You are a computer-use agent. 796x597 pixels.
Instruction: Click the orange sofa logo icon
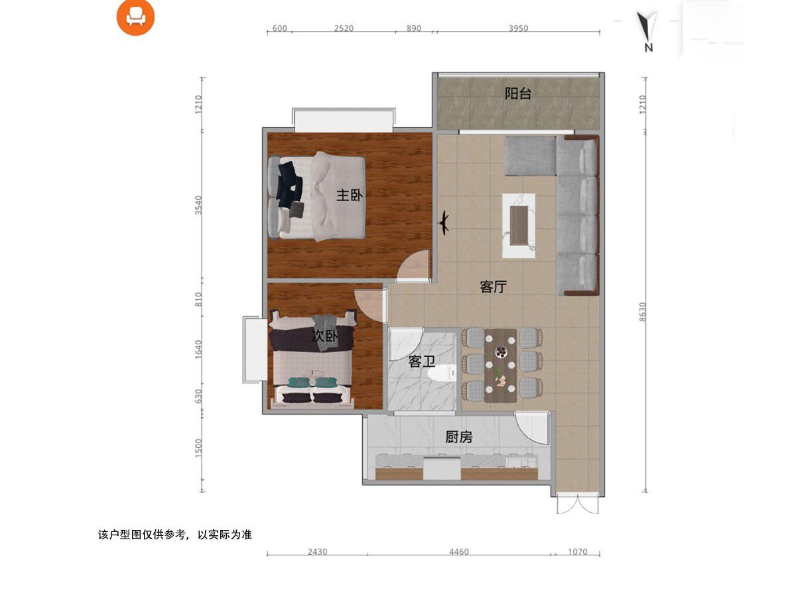coord(135,17)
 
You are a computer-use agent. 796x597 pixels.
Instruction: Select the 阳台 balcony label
coord(517,94)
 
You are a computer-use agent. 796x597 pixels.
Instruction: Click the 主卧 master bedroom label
coord(350,195)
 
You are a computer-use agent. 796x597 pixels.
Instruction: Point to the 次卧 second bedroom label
coord(324,337)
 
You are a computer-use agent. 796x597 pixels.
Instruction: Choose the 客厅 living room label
coord(493,287)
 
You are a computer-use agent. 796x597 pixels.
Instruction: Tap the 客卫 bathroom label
coord(421,362)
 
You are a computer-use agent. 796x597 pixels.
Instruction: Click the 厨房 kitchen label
coord(458,437)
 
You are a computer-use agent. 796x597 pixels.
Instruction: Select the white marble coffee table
coord(519,225)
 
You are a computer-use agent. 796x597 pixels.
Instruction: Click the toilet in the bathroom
coord(442,374)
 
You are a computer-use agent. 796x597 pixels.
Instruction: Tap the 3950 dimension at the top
coord(517,29)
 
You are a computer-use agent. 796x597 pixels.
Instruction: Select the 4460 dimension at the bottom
coord(458,552)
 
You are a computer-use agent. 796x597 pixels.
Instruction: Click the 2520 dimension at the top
coord(344,29)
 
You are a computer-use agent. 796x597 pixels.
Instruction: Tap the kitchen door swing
coord(533,429)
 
